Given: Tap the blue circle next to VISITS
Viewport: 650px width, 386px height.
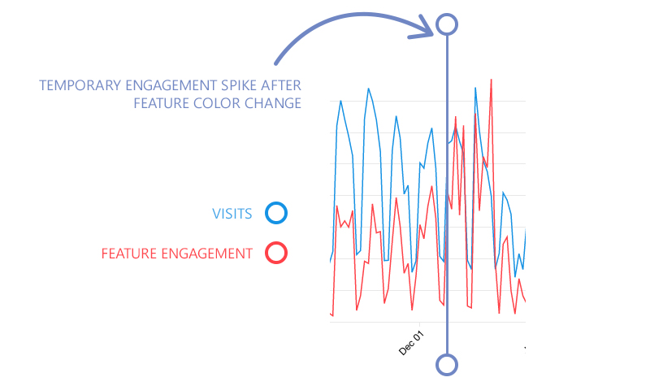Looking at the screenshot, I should [276, 214].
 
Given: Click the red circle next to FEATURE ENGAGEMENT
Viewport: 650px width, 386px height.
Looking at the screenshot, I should [276, 254].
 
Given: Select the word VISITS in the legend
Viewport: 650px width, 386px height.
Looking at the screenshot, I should [232, 215].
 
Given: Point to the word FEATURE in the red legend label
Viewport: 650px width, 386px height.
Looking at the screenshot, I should [126, 254].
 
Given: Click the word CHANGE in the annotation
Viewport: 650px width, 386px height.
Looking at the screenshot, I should [275, 103].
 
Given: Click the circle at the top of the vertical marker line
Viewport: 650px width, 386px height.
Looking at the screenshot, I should [446, 24].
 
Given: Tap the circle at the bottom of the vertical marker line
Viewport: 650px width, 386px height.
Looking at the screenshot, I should [446, 364].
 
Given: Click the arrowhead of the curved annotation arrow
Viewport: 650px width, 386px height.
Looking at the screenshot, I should [431, 31].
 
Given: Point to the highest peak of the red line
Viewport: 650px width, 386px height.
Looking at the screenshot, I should [491, 80].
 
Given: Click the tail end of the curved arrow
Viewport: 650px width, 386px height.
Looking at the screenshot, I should [277, 63].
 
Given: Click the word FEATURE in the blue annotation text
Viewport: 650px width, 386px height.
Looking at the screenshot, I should [163, 103].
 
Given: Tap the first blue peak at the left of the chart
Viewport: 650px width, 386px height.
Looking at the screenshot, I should [340, 102].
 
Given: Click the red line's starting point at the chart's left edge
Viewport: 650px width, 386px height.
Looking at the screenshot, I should [331, 313].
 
